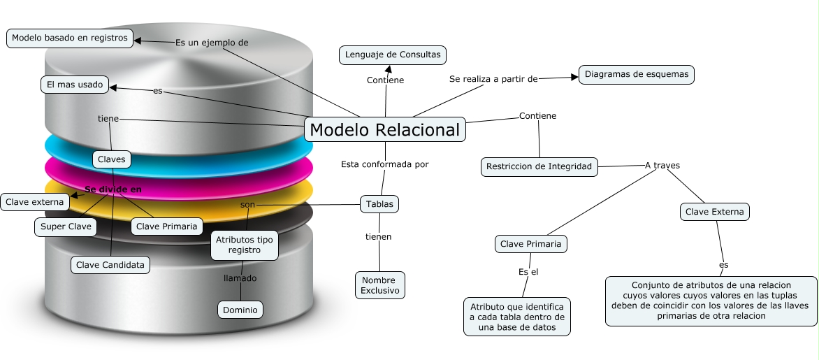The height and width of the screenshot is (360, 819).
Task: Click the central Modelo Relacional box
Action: [x=385, y=130]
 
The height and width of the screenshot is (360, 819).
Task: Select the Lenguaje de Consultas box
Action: [x=393, y=55]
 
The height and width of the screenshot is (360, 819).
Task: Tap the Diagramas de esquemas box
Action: [x=637, y=74]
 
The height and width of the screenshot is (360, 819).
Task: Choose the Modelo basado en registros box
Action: [x=70, y=38]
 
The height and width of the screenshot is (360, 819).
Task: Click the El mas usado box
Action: [x=75, y=85]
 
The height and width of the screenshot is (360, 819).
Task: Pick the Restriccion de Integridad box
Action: [x=539, y=166]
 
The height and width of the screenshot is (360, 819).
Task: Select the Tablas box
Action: [x=379, y=204]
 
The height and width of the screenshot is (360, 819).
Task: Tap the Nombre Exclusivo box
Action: [x=379, y=285]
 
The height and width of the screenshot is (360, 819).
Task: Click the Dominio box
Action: [x=240, y=310]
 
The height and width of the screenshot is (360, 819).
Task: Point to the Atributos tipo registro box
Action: [x=245, y=245]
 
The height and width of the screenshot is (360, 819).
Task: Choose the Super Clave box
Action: [x=66, y=226]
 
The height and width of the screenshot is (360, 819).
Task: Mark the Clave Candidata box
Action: [x=110, y=265]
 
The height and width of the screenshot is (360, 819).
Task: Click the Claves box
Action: [x=112, y=159]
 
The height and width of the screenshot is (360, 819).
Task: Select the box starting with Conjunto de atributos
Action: [x=711, y=301]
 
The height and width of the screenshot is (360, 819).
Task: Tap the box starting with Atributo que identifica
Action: [x=517, y=317]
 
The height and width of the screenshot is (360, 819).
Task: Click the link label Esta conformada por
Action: [x=384, y=164]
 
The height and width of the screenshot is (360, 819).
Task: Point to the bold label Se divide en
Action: [x=113, y=189]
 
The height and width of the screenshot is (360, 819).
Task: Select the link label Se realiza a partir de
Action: [x=493, y=79]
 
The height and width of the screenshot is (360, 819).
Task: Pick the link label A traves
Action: [x=662, y=166]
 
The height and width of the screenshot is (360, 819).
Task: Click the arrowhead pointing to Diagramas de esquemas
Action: [x=574, y=77]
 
